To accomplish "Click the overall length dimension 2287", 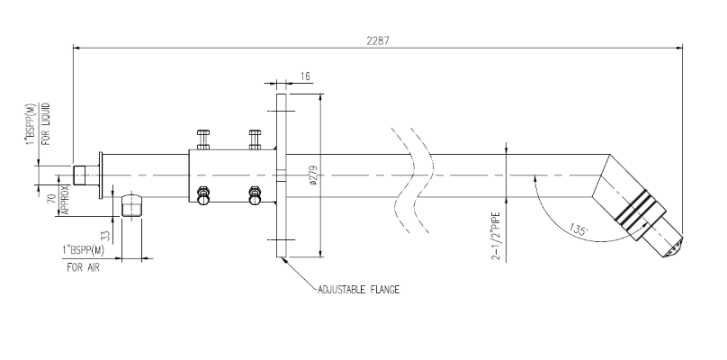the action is tap(378, 40).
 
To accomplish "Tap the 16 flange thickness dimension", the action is tap(305, 76).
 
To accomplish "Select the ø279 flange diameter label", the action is tap(314, 175).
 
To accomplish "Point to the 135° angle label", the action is tap(579, 229).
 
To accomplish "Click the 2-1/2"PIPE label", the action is tap(496, 236).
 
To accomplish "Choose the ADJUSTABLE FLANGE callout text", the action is tap(358, 290).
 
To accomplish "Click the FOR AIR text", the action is tap(83, 267).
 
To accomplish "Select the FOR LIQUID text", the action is tap(46, 124).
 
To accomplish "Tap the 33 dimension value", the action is tap(107, 236).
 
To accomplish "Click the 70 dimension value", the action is tap(52, 199).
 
